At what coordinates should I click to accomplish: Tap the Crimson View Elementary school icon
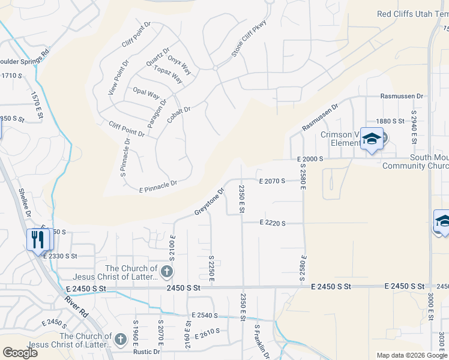pos(372,140)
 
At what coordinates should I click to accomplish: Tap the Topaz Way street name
pos(168,75)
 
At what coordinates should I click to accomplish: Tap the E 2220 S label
pos(273,223)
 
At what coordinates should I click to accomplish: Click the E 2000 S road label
pos(310,159)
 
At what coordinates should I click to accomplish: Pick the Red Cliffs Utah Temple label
pos(412,14)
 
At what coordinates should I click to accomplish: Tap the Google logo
pos(20,353)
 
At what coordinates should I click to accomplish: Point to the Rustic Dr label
pos(148,352)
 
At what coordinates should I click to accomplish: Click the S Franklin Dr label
pos(262,342)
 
